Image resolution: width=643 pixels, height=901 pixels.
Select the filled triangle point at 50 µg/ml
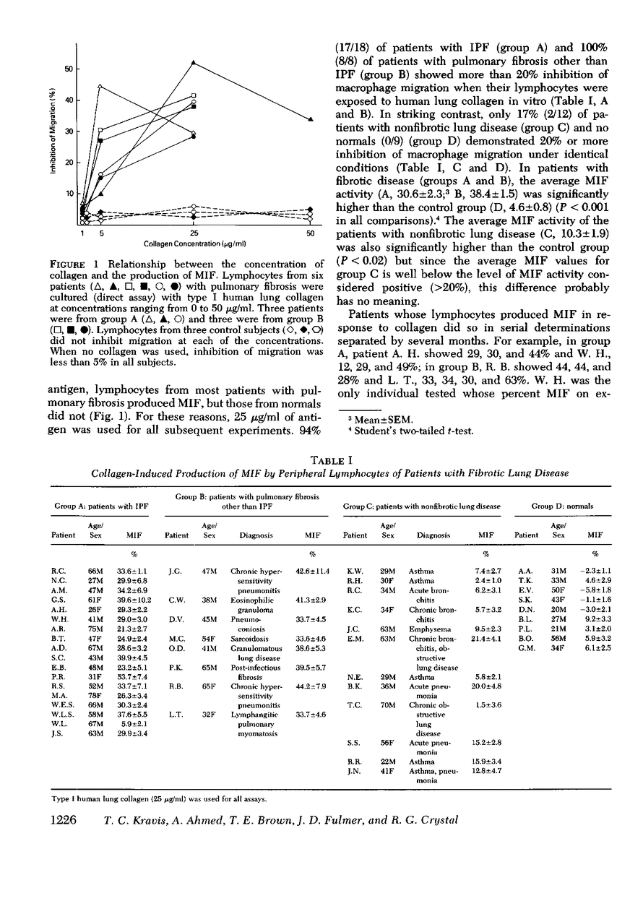pos(310,119)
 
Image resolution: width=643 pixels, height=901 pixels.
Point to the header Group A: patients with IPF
pos(97,506)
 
